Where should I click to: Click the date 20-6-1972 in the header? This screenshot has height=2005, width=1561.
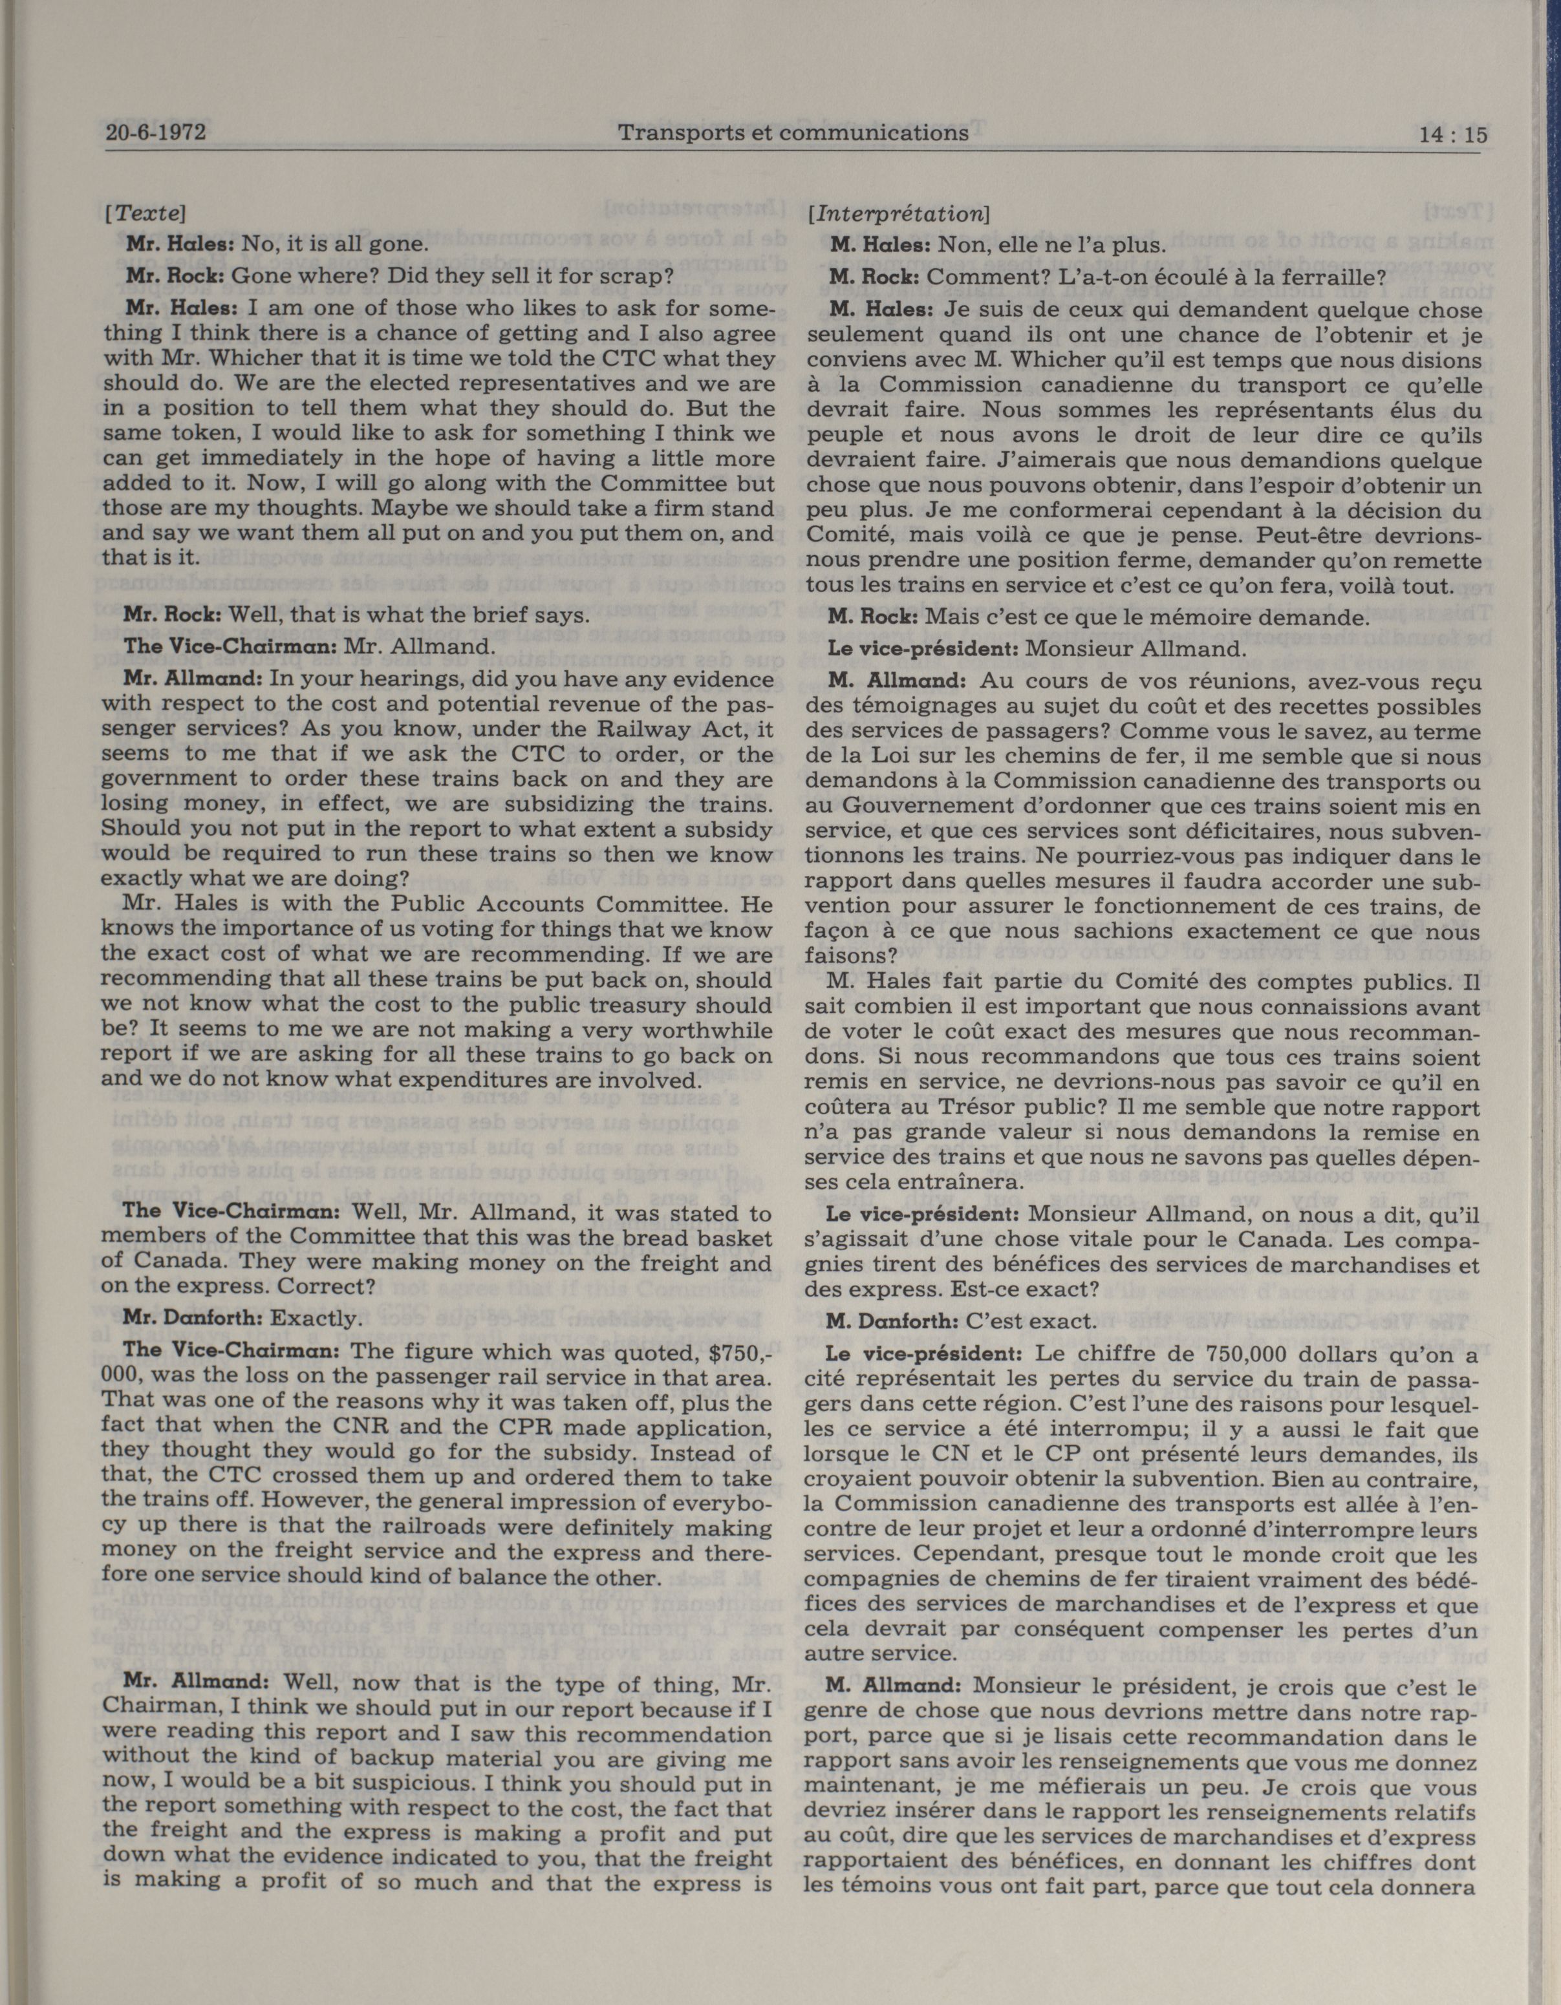[x=155, y=133]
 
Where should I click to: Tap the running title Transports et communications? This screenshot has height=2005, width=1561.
[x=792, y=133]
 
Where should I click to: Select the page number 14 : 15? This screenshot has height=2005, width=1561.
[x=1451, y=135]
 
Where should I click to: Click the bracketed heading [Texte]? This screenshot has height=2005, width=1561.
[x=146, y=213]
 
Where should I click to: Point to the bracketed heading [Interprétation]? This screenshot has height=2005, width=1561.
[x=897, y=214]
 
